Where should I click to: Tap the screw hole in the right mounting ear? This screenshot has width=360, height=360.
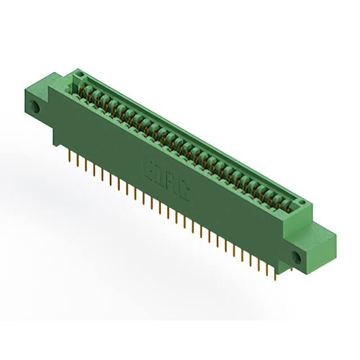[296, 258]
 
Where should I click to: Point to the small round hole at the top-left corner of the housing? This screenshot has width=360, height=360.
[80, 74]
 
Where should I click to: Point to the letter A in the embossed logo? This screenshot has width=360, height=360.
[171, 186]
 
